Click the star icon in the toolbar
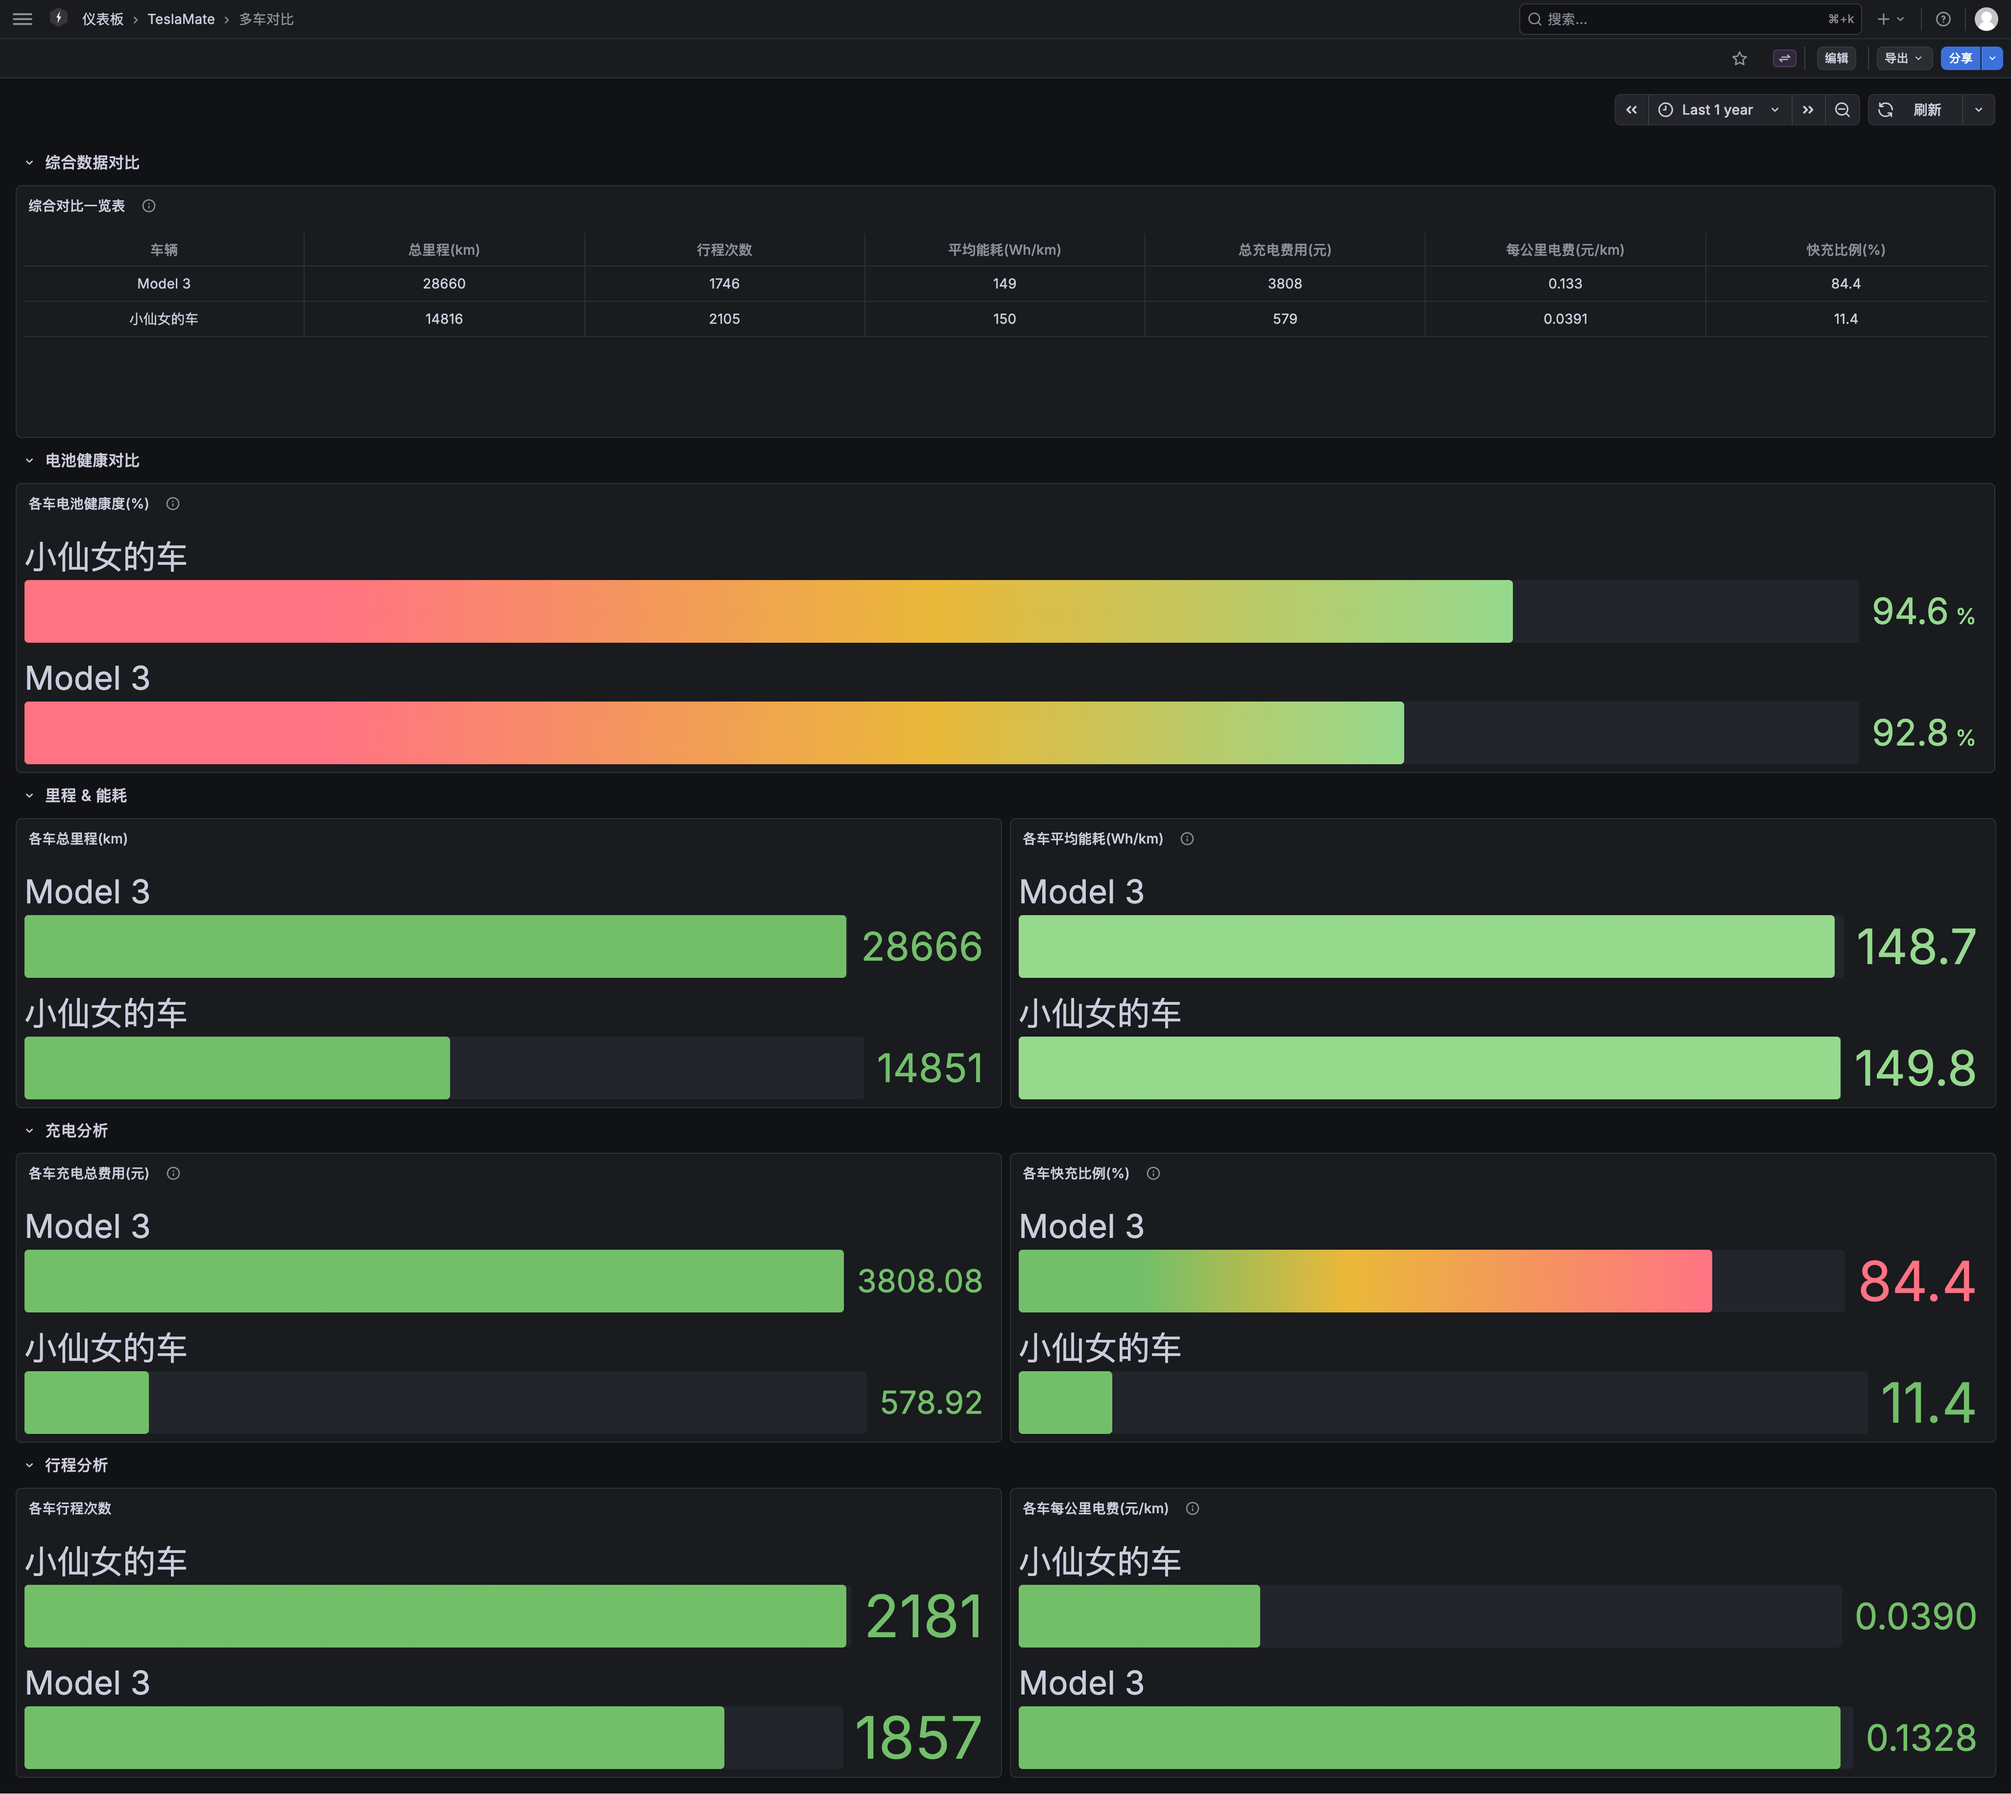tap(1739, 58)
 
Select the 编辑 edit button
tap(1836, 58)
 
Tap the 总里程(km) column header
tap(444, 249)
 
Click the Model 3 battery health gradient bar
tap(715, 732)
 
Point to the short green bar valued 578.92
tap(87, 1403)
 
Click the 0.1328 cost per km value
tap(1920, 1738)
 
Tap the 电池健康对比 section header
tap(92, 461)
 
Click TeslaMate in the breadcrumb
tap(181, 19)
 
